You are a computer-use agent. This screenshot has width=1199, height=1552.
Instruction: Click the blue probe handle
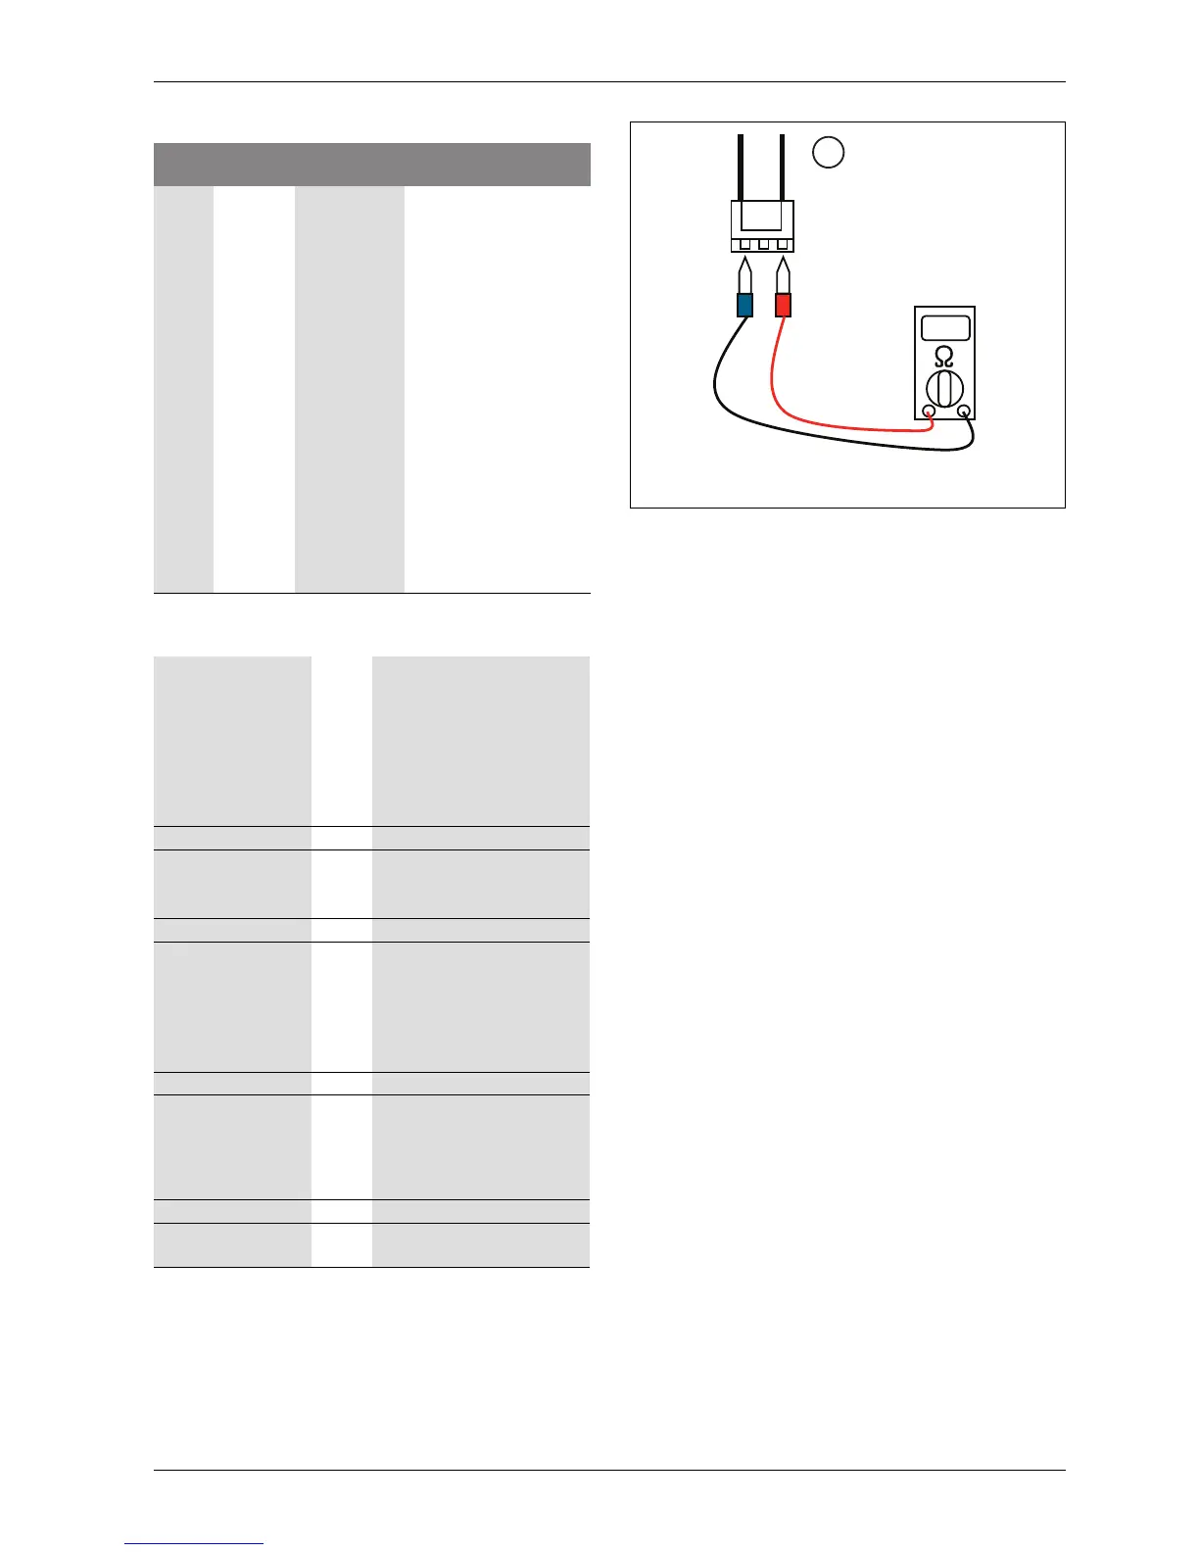744,305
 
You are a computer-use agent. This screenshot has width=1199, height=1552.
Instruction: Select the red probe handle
783,305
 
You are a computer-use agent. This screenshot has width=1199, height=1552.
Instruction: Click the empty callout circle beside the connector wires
829,153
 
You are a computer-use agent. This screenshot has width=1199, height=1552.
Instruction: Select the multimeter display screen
944,327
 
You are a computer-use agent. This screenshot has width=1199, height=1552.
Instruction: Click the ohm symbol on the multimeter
944,356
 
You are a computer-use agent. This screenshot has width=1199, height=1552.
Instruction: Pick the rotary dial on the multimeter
944,389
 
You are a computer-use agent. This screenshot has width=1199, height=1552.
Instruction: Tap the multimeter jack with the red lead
929,412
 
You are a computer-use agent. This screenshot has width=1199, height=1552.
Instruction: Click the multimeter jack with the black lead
965,412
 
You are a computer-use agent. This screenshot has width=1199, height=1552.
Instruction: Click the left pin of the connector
744,243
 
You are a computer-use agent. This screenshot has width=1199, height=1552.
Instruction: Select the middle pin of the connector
763,243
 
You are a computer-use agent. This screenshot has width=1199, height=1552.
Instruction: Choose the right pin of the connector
782,243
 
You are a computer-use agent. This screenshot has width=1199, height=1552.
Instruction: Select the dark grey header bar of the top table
372,165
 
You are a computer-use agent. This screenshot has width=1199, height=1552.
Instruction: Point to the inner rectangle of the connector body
762,216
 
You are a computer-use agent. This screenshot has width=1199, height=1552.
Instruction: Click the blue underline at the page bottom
194,1544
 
